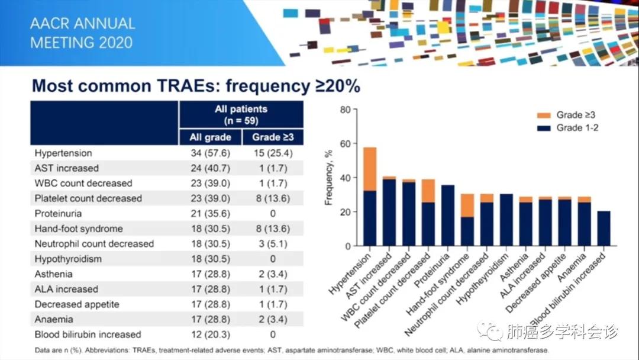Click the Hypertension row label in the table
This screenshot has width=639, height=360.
point(63,153)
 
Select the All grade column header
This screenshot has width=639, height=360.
point(210,137)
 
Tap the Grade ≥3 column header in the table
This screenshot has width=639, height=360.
point(273,137)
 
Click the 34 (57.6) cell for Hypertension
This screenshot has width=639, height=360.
point(210,153)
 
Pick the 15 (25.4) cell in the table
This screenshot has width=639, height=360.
point(273,153)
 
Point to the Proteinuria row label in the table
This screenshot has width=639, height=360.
point(58,214)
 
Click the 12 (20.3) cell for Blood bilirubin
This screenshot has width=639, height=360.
point(210,335)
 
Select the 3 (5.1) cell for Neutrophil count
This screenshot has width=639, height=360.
point(273,244)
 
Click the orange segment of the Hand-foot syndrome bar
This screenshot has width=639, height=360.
point(467,205)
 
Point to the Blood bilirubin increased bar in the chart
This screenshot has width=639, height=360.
point(603,229)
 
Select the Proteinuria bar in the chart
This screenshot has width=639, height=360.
point(448,216)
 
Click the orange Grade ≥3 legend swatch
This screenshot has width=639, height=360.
point(544,115)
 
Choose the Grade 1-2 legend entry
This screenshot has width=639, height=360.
point(567,128)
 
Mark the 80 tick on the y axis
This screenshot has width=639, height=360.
point(345,110)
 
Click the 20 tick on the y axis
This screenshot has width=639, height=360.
point(345,212)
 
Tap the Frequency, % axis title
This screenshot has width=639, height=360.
point(328,178)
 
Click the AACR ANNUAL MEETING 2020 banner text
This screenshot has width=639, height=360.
point(82,33)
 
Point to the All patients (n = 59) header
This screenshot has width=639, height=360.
point(241,115)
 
